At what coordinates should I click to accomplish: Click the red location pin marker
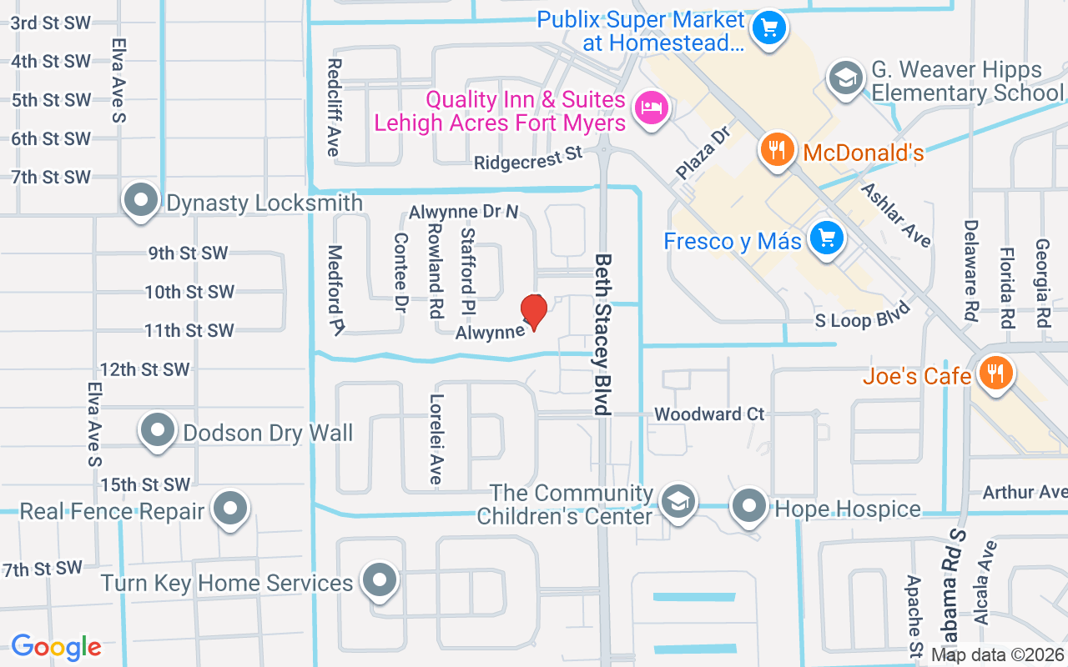coord(533,311)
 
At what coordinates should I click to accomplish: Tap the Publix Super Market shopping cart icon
coord(768,29)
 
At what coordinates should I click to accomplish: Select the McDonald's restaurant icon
coord(777,151)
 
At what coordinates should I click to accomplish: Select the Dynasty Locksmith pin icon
coord(140,201)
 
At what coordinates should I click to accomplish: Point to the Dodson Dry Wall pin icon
coord(157,431)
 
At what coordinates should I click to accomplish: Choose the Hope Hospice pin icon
coord(749,506)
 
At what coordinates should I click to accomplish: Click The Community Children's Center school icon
coord(678,503)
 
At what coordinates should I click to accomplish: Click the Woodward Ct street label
coord(708,414)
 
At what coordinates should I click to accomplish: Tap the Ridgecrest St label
coord(527,158)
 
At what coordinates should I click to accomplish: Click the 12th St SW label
coord(144,369)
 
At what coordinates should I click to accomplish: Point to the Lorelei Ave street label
coord(435,439)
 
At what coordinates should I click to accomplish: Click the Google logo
coord(56,647)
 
